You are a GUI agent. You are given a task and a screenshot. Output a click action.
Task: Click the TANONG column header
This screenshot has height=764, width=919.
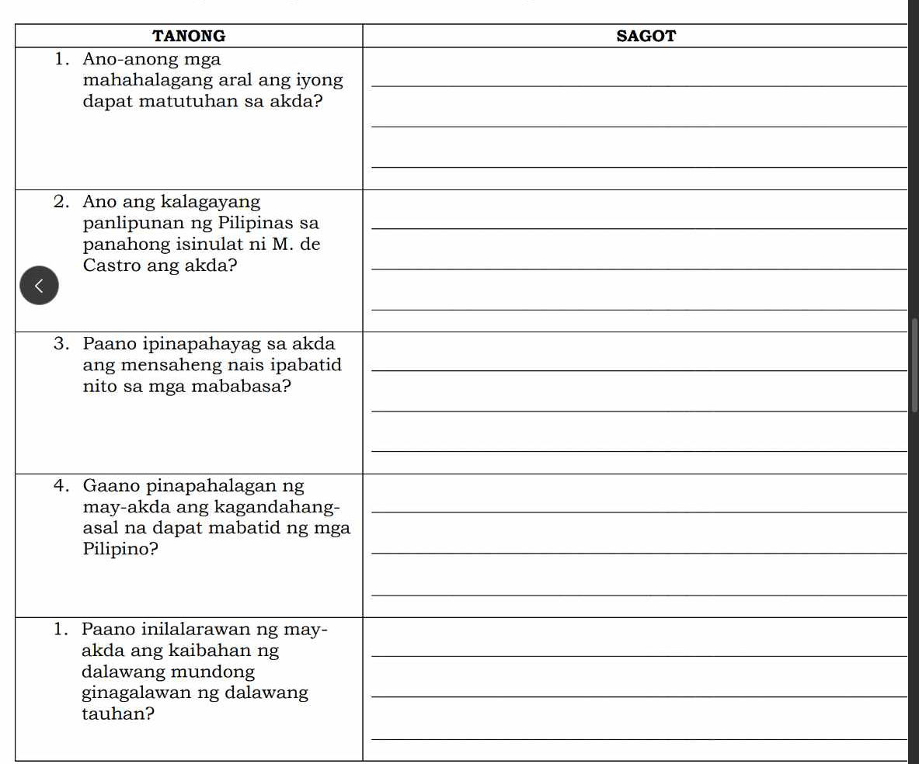click(189, 36)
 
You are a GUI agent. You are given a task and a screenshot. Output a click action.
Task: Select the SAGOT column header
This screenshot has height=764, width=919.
click(646, 36)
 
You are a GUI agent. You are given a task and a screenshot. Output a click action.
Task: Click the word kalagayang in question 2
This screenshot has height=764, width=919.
click(211, 202)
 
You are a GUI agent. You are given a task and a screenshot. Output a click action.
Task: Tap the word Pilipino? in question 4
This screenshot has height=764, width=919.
click(120, 550)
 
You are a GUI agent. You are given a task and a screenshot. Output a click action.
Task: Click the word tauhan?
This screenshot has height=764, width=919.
click(117, 714)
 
